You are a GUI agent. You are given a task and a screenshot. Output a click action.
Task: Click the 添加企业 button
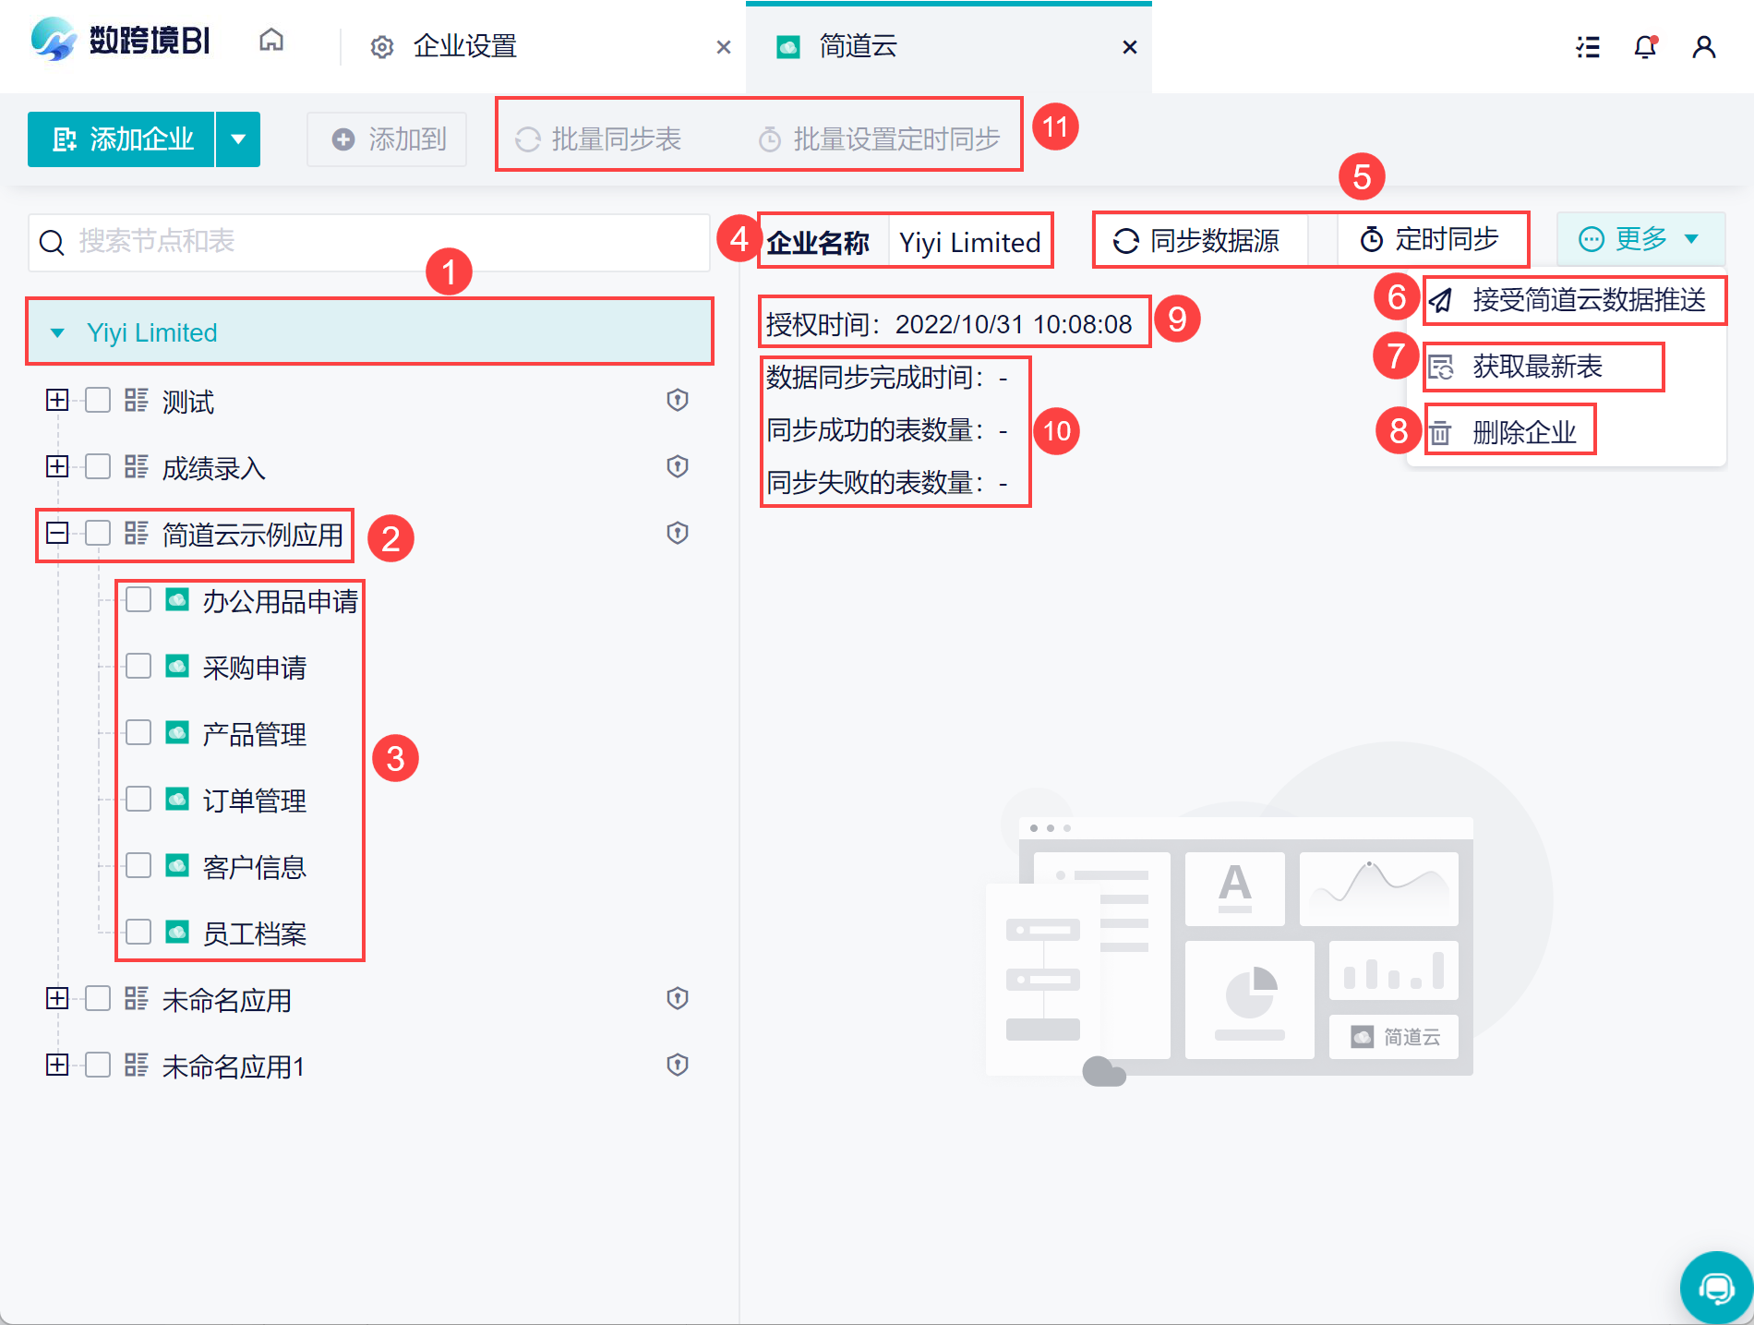point(122,139)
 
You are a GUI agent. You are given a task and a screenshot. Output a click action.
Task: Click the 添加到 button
point(388,139)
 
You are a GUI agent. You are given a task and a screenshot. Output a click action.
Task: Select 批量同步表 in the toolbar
point(598,139)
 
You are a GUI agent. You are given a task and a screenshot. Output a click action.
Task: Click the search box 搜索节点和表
point(369,242)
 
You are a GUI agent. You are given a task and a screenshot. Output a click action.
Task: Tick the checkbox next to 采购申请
point(138,666)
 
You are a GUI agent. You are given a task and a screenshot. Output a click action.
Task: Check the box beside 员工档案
point(138,932)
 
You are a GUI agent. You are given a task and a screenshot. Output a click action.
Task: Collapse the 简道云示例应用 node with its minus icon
point(57,533)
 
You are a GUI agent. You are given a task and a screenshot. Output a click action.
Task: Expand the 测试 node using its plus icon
point(57,400)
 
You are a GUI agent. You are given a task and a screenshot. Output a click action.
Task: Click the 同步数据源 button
point(1196,240)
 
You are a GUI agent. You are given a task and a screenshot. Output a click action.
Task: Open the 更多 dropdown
point(1640,239)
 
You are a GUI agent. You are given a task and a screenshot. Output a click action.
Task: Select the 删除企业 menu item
point(1523,431)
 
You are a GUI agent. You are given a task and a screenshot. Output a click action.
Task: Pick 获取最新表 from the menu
point(1536,367)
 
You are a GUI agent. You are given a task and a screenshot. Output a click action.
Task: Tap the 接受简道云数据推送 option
point(1588,300)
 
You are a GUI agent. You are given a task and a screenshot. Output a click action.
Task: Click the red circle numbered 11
point(1055,126)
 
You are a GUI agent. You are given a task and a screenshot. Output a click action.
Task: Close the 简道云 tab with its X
point(1129,47)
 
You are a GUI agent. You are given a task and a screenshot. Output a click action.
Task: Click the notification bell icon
point(1645,47)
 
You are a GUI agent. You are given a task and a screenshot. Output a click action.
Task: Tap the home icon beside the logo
point(271,40)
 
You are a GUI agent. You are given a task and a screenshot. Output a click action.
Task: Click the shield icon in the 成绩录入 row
point(678,466)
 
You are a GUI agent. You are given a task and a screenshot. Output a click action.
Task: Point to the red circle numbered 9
point(1177,319)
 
